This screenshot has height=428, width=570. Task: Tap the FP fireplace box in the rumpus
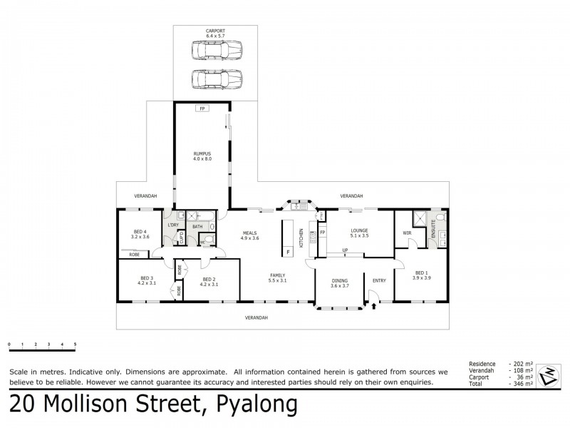click(202, 108)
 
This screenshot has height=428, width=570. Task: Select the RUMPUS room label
click(202, 156)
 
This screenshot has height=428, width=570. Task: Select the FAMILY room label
click(277, 276)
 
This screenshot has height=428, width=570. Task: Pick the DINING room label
click(340, 282)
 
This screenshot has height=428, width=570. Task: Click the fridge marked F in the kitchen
click(288, 252)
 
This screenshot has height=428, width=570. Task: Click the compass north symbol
click(549, 373)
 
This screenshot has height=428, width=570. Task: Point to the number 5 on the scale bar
click(75, 345)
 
